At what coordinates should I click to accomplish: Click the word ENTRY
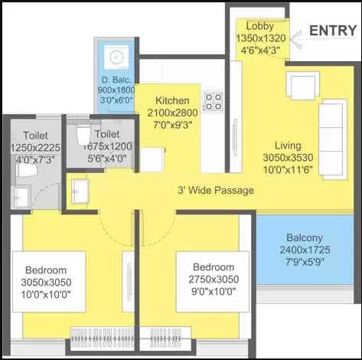point(333,31)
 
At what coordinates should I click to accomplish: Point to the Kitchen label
point(172,101)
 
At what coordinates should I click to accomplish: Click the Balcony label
point(308,237)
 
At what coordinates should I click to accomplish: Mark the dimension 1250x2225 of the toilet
point(34,147)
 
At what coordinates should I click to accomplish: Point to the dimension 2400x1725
point(308,249)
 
